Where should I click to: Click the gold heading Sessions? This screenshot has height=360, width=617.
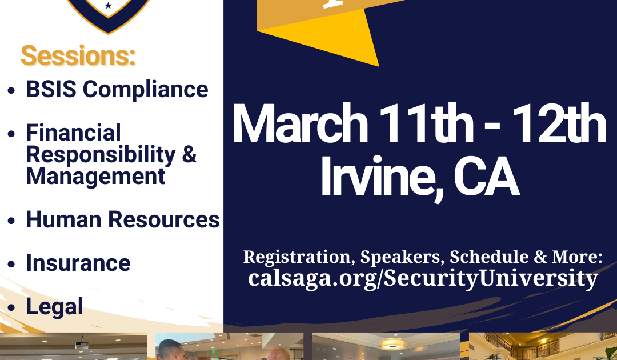point(78,56)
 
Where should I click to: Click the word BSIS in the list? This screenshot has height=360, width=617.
point(51,89)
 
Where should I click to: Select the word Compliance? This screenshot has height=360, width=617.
point(145,90)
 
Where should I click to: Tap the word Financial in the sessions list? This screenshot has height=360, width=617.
point(73,133)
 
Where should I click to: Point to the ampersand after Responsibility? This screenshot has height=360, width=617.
point(189,154)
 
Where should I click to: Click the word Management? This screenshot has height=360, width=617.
point(95,176)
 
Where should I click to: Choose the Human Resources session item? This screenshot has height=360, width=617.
point(123,219)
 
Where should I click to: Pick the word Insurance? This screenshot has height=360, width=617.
point(78,263)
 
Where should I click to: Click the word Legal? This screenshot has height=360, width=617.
point(55,307)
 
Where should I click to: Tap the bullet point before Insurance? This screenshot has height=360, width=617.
point(11,264)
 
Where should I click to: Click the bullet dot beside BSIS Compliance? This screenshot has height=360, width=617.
point(11,90)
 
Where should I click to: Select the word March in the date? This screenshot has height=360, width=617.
point(301,124)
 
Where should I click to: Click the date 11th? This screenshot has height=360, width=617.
point(426,123)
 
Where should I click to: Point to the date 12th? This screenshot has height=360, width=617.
point(559,123)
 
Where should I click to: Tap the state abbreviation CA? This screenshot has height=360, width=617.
point(486,177)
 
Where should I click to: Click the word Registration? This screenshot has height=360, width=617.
point(297,257)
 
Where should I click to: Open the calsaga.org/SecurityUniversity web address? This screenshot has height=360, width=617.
point(423,278)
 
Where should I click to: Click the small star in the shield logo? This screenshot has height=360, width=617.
point(108,6)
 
